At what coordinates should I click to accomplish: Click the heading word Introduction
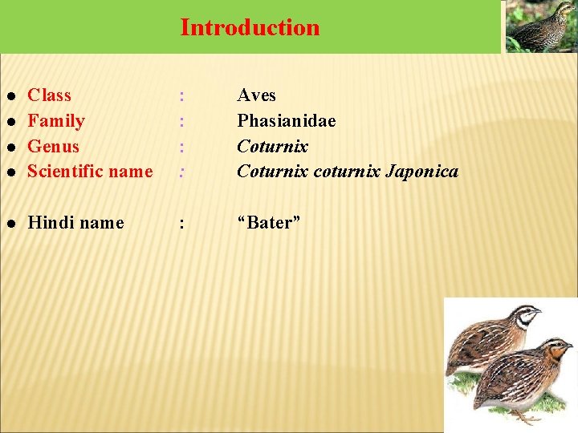[250, 27]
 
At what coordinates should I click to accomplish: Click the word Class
[49, 95]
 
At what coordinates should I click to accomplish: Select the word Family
[55, 121]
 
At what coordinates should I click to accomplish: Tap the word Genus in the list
[53, 147]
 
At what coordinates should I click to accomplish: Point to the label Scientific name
[90, 172]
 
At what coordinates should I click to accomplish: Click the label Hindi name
[75, 223]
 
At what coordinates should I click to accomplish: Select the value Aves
[256, 95]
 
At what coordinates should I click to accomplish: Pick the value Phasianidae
[286, 121]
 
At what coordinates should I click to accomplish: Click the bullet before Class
[11, 96]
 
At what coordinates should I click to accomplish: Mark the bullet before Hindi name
[11, 224]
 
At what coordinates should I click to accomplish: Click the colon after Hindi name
[182, 224]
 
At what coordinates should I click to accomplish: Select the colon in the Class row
[182, 96]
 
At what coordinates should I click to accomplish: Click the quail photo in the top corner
[539, 26]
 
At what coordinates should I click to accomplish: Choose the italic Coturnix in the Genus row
[272, 147]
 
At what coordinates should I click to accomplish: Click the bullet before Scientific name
[11, 172]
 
